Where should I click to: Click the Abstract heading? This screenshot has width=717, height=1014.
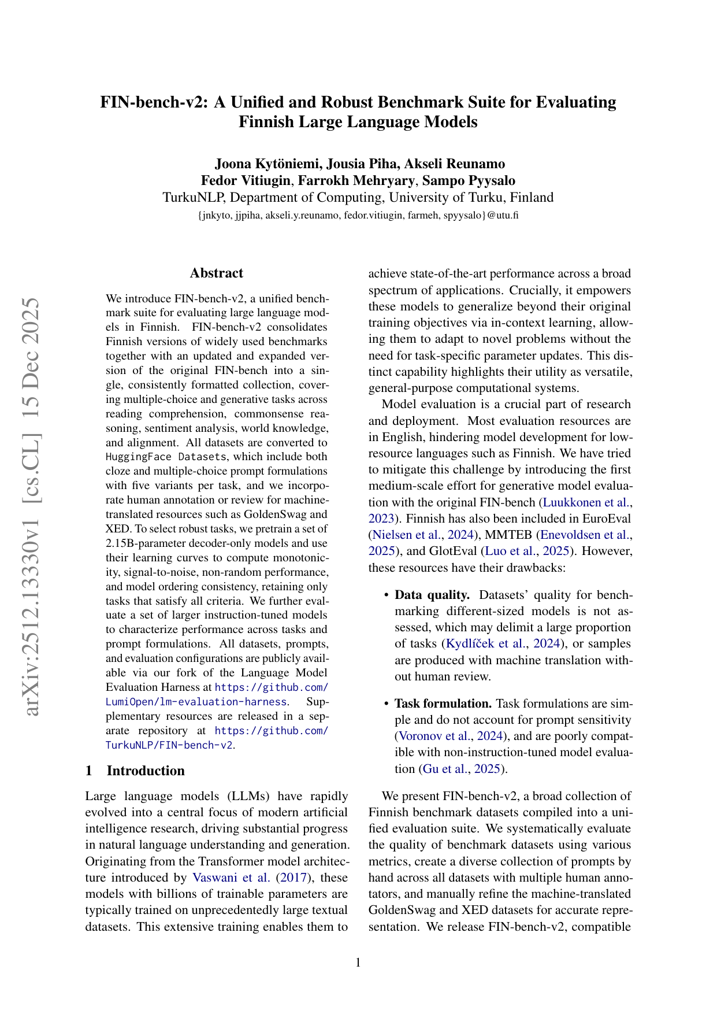(216, 273)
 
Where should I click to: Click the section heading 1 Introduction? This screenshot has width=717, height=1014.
(135, 771)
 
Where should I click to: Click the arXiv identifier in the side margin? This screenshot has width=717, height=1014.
(32, 506)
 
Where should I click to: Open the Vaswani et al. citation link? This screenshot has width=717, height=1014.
(231, 878)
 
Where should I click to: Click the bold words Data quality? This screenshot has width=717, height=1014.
(432, 595)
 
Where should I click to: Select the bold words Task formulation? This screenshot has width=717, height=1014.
(443, 704)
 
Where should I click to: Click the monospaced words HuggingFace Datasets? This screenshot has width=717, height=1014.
(166, 457)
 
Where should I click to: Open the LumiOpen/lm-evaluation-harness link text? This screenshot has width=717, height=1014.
(196, 702)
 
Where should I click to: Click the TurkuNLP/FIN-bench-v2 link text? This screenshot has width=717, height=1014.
(169, 745)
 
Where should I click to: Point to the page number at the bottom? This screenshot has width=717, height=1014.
(358, 963)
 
